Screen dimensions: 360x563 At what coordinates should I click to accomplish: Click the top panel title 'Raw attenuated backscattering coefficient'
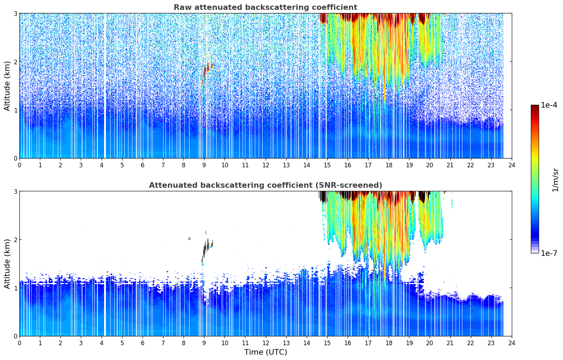click(x=265, y=7)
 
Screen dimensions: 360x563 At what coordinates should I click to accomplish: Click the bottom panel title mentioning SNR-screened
click(x=265, y=185)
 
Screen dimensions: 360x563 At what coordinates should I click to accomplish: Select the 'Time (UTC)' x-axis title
click(x=265, y=352)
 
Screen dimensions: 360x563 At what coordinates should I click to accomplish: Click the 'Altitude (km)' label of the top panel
click(x=7, y=86)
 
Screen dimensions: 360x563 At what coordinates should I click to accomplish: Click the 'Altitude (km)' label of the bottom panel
click(x=7, y=264)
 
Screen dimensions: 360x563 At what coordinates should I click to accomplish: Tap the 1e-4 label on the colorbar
click(x=549, y=105)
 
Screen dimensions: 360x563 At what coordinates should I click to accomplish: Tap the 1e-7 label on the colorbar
click(x=549, y=253)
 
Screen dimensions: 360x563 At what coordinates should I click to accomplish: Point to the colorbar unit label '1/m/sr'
click(x=555, y=180)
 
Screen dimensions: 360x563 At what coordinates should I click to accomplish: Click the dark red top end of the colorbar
click(x=535, y=107)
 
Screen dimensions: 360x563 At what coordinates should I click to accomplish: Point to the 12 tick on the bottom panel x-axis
click(x=265, y=343)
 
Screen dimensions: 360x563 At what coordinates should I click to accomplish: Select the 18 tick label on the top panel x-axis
click(x=389, y=165)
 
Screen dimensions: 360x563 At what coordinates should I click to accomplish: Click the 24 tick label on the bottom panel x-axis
click(x=511, y=343)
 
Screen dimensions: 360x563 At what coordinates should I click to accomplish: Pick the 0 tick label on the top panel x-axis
click(x=19, y=165)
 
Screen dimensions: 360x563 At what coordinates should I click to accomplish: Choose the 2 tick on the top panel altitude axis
click(x=15, y=62)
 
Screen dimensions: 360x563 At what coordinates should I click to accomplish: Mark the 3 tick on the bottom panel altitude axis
click(x=15, y=191)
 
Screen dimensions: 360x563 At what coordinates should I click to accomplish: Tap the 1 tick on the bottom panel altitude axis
click(x=15, y=288)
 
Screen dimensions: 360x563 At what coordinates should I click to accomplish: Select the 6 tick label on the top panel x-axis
click(x=143, y=165)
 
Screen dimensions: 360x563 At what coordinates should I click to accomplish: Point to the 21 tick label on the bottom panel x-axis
click(x=450, y=343)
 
